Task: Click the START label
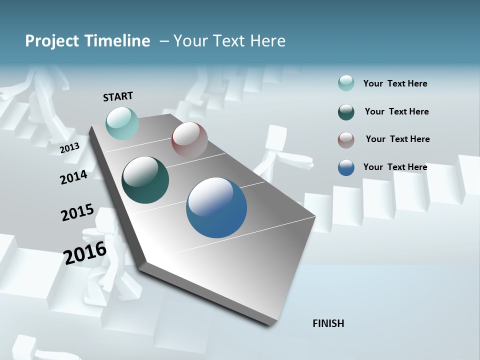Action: pyautogui.click(x=118, y=96)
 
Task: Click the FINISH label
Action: pyautogui.click(x=328, y=323)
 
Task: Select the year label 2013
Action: pyautogui.click(x=69, y=148)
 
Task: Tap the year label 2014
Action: pyautogui.click(x=73, y=177)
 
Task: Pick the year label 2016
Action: pyautogui.click(x=85, y=253)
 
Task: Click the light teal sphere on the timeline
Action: pyautogui.click(x=122, y=123)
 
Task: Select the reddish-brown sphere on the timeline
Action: pyautogui.click(x=189, y=140)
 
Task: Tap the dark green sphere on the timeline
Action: pyautogui.click(x=145, y=180)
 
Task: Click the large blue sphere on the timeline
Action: pyautogui.click(x=216, y=207)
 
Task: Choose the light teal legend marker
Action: pyautogui.click(x=346, y=83)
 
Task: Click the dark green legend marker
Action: pyautogui.click(x=346, y=112)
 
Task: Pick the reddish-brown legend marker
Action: pyautogui.click(x=346, y=140)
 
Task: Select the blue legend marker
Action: pyautogui.click(x=346, y=167)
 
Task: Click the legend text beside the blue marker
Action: pyautogui.click(x=395, y=167)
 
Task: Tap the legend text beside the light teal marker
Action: pyautogui.click(x=395, y=83)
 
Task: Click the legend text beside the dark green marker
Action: pyautogui.click(x=396, y=111)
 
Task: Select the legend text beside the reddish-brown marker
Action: pyautogui.click(x=397, y=139)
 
